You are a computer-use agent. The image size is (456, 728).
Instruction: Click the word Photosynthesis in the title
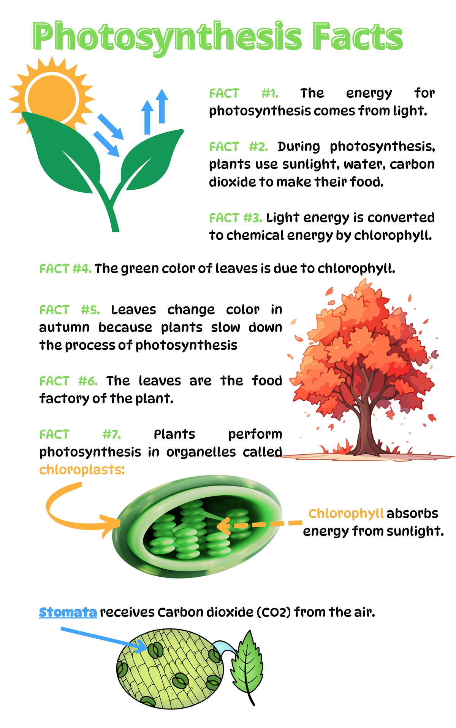[x=167, y=37]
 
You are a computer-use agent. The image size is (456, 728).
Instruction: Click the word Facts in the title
[x=357, y=36]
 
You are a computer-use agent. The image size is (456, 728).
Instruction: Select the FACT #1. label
[x=244, y=93]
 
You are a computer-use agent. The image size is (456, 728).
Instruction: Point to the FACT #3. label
[x=236, y=218]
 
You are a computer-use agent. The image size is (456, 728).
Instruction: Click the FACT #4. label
[x=65, y=269]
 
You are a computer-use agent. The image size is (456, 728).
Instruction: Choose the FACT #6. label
[x=68, y=381]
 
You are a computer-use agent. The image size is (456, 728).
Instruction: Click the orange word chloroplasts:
[x=82, y=470]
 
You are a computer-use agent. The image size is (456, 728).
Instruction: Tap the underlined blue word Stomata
[x=68, y=612]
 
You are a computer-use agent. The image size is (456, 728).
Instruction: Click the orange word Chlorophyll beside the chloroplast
[x=346, y=513]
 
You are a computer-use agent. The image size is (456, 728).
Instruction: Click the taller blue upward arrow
[x=162, y=106]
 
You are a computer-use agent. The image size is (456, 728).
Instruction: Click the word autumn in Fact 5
[x=64, y=327]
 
